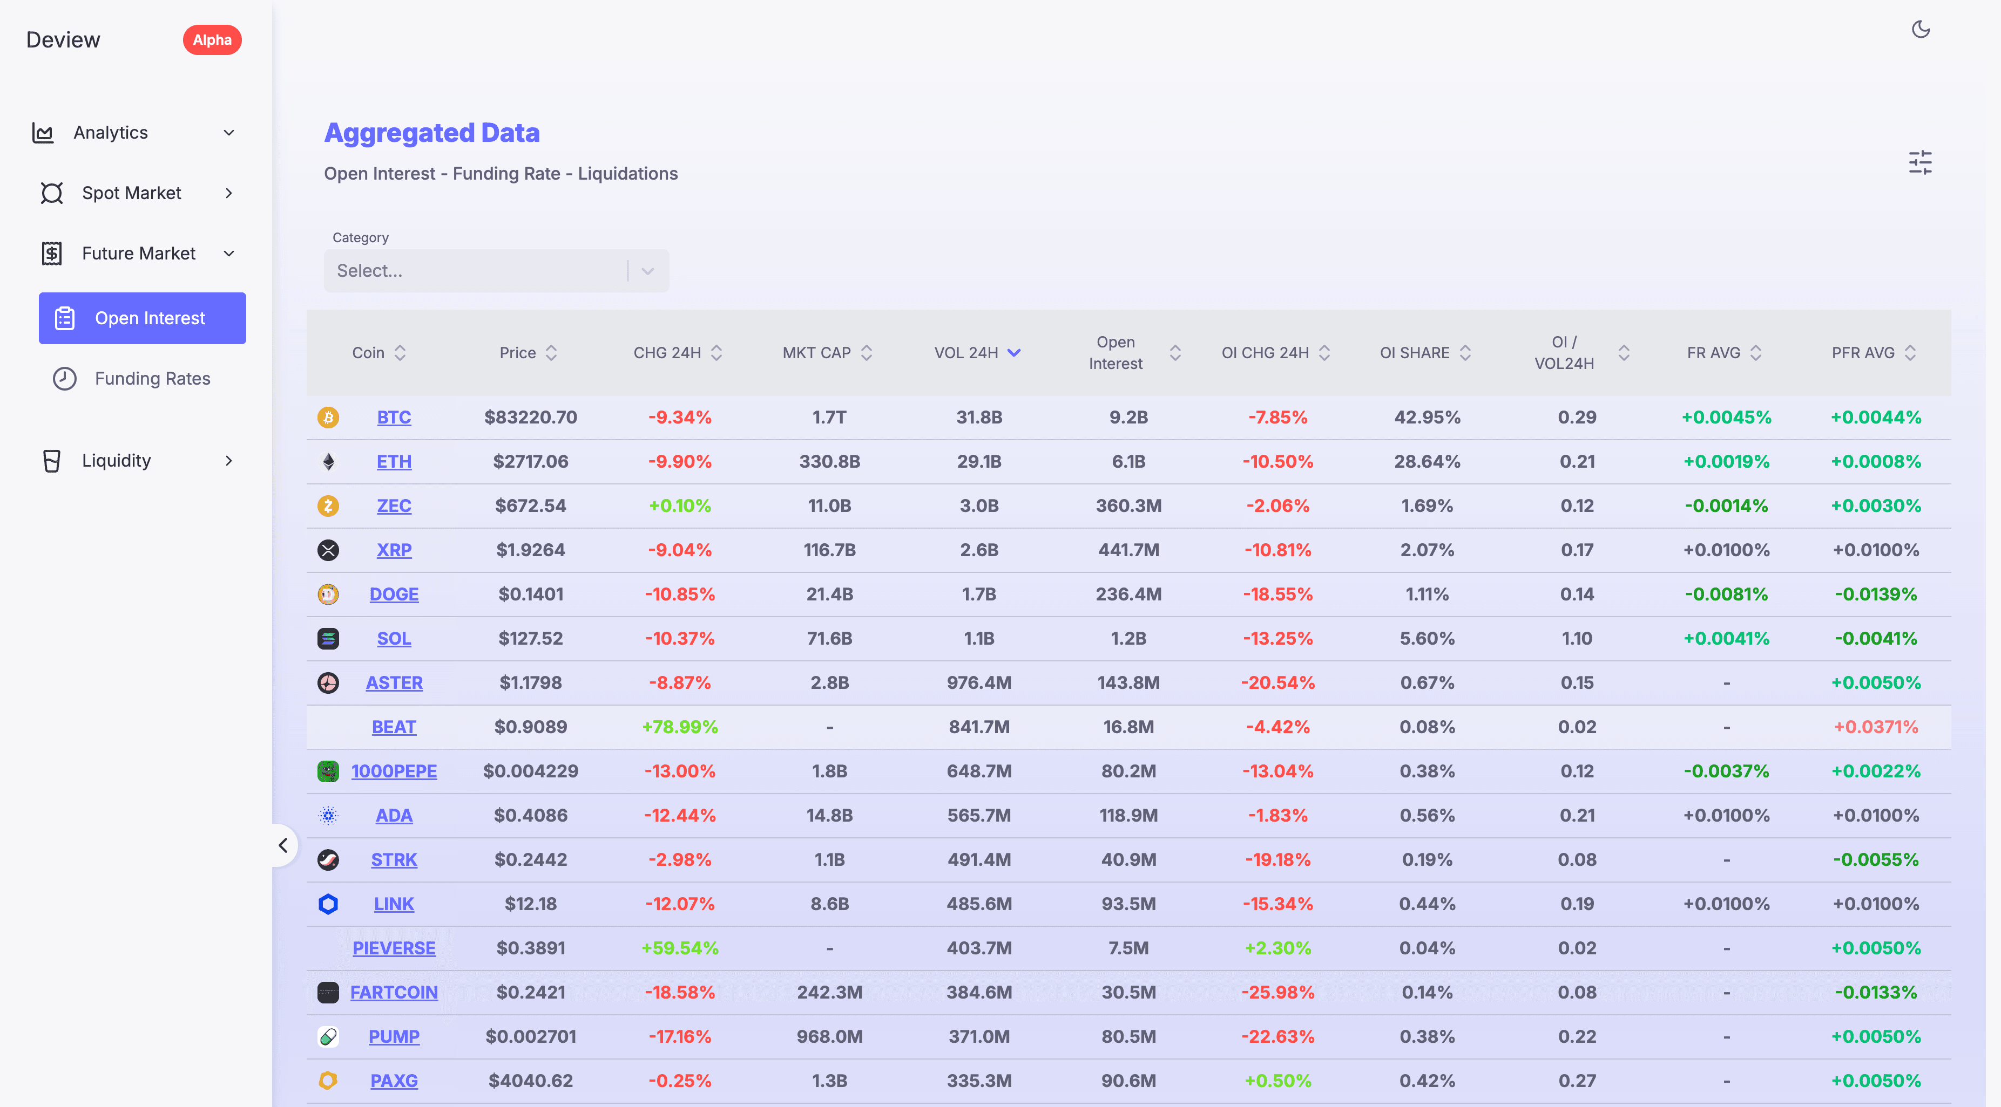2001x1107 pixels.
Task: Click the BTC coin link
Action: tap(394, 418)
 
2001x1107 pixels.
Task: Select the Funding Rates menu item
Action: tap(152, 379)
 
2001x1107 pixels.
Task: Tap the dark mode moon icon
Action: tap(1920, 30)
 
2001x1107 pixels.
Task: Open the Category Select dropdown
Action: tap(496, 271)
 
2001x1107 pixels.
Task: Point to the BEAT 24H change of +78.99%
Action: tap(680, 727)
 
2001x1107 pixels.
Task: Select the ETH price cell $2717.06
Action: tap(531, 462)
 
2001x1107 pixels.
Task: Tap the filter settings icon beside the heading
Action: tap(1920, 163)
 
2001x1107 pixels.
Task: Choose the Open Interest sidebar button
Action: tap(142, 318)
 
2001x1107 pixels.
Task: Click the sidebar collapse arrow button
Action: tap(283, 845)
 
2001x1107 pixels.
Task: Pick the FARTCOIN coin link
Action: tap(394, 993)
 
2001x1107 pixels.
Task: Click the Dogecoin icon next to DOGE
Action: tap(328, 594)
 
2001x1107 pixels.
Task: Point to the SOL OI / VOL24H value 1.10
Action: tap(1576, 639)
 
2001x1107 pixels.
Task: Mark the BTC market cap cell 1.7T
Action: tap(829, 418)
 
